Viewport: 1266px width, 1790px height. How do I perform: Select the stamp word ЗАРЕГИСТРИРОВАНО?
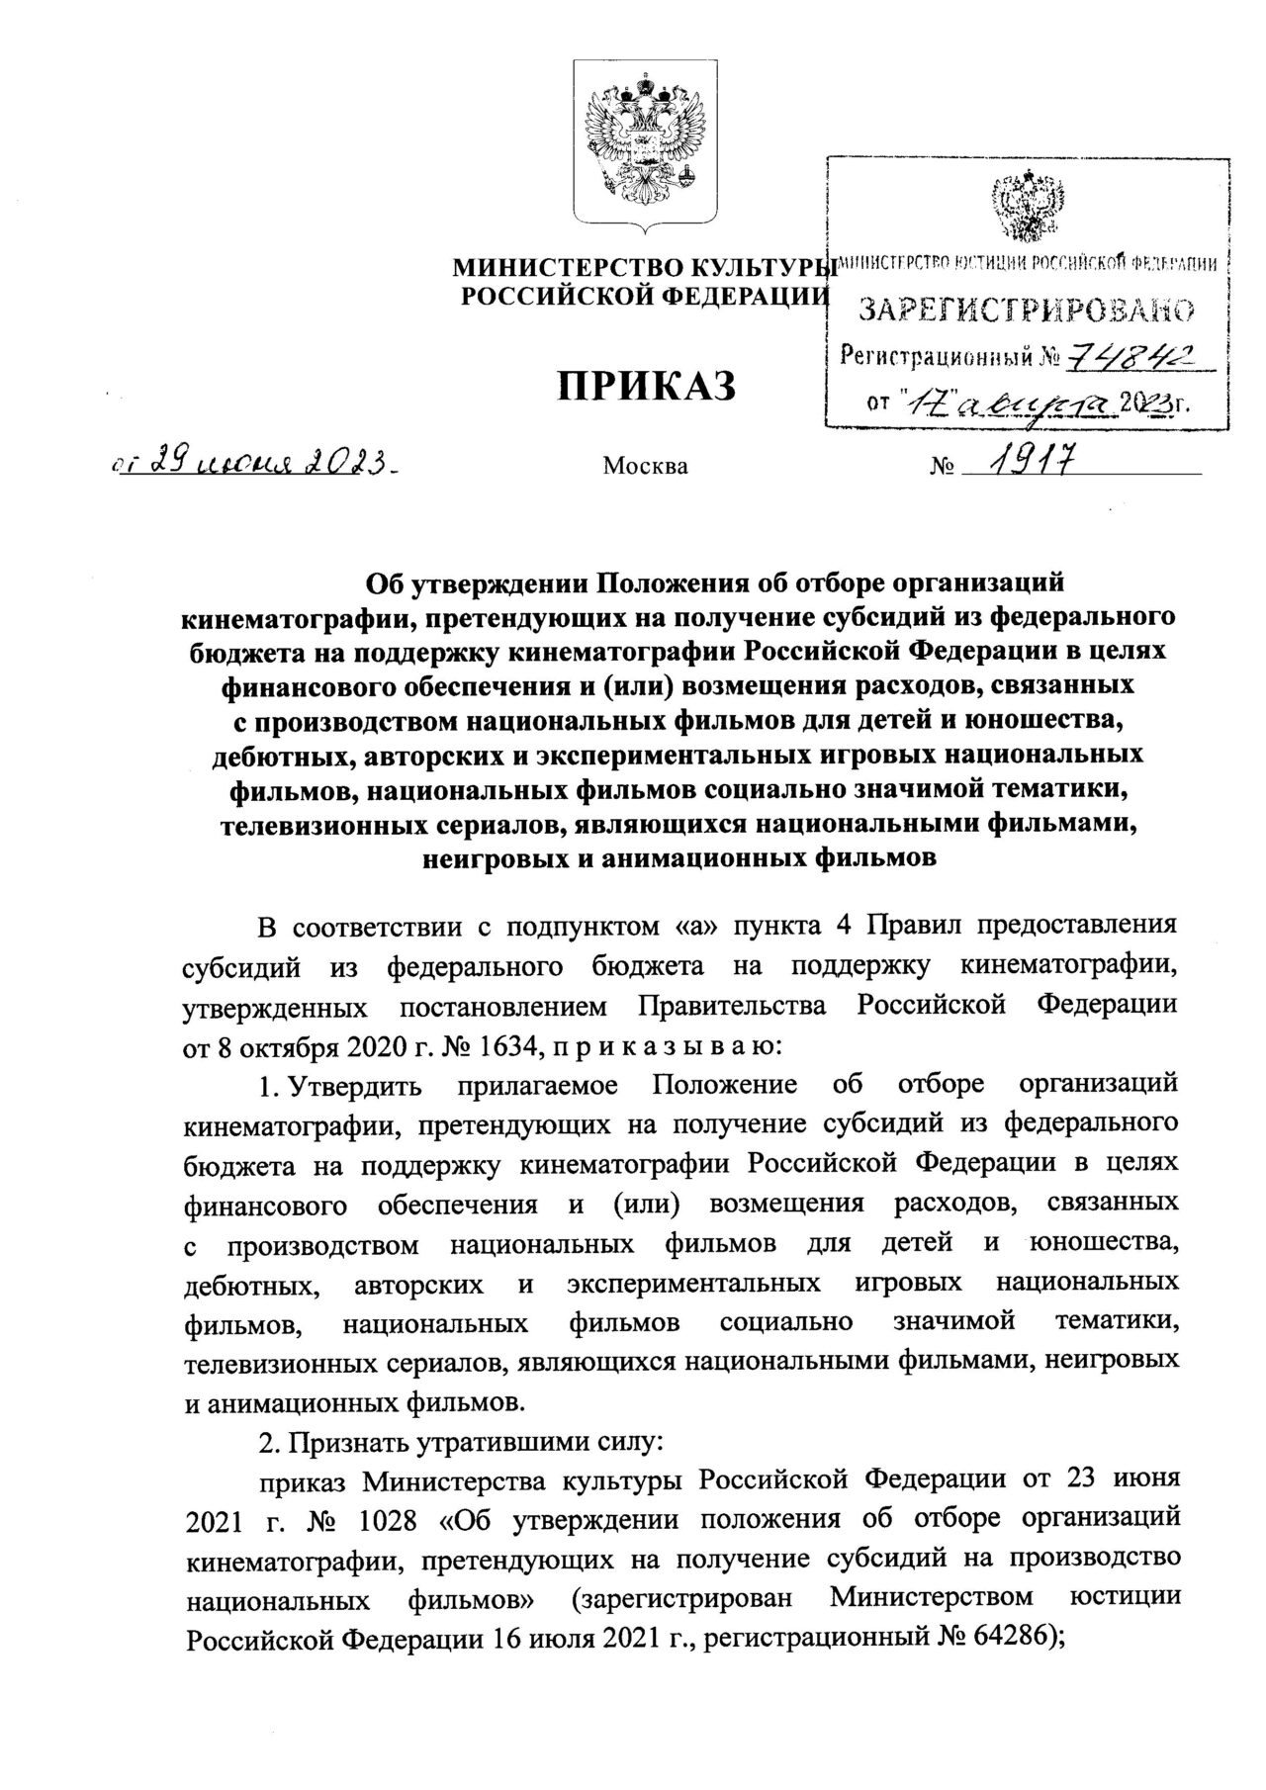click(1026, 312)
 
